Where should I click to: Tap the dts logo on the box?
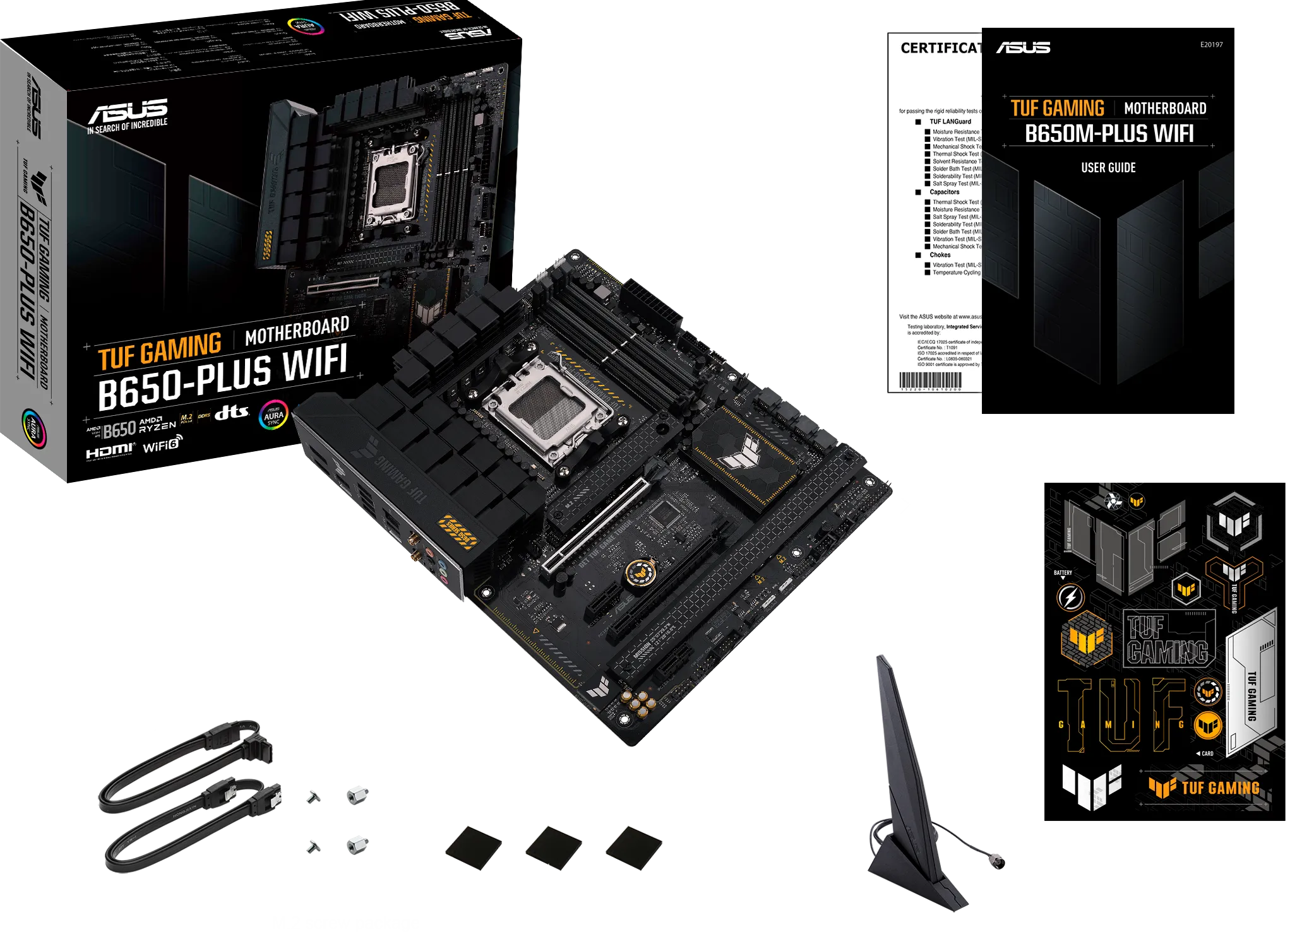[x=231, y=413]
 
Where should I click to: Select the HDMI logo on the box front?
[x=110, y=451]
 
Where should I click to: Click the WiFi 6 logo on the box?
[x=162, y=445]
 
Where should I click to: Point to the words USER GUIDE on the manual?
[x=1108, y=168]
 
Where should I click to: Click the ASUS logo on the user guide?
[x=1023, y=48]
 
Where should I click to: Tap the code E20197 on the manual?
[x=1211, y=45]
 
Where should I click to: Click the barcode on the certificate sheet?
[x=930, y=380]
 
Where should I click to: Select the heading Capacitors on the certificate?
[x=944, y=192]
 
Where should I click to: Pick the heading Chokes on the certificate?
[x=940, y=255]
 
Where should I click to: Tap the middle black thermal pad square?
[x=554, y=846]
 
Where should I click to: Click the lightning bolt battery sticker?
[x=1070, y=597]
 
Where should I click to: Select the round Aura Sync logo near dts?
[x=273, y=415]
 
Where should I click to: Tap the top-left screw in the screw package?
[x=313, y=797]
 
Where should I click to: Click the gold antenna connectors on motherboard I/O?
[x=415, y=548]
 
